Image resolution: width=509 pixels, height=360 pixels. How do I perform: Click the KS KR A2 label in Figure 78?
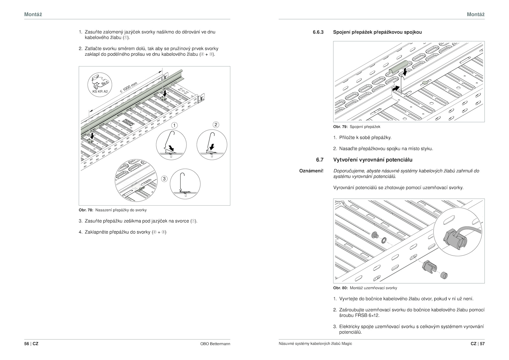100,91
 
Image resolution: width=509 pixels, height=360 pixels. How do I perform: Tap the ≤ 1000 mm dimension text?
129,87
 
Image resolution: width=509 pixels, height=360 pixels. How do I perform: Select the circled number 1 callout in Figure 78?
175,125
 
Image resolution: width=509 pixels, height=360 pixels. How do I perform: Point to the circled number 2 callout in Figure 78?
216,124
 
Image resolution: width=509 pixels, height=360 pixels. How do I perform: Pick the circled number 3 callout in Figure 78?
164,179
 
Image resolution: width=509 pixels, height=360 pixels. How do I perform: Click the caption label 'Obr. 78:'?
86,210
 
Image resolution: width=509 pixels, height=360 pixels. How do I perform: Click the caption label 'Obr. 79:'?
340,127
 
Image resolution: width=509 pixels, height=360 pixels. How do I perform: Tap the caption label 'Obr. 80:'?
340,288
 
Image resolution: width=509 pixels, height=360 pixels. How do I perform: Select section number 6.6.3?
318,32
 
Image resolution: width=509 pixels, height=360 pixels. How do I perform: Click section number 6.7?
320,160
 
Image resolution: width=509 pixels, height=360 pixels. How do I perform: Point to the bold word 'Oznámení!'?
311,171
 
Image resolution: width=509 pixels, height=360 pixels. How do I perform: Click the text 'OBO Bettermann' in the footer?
215,344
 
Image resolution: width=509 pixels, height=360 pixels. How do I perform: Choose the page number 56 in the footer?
26,344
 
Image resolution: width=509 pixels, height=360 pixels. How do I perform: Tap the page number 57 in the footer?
482,344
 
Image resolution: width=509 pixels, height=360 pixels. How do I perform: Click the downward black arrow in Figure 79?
404,70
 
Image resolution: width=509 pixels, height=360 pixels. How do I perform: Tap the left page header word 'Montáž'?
33,14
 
